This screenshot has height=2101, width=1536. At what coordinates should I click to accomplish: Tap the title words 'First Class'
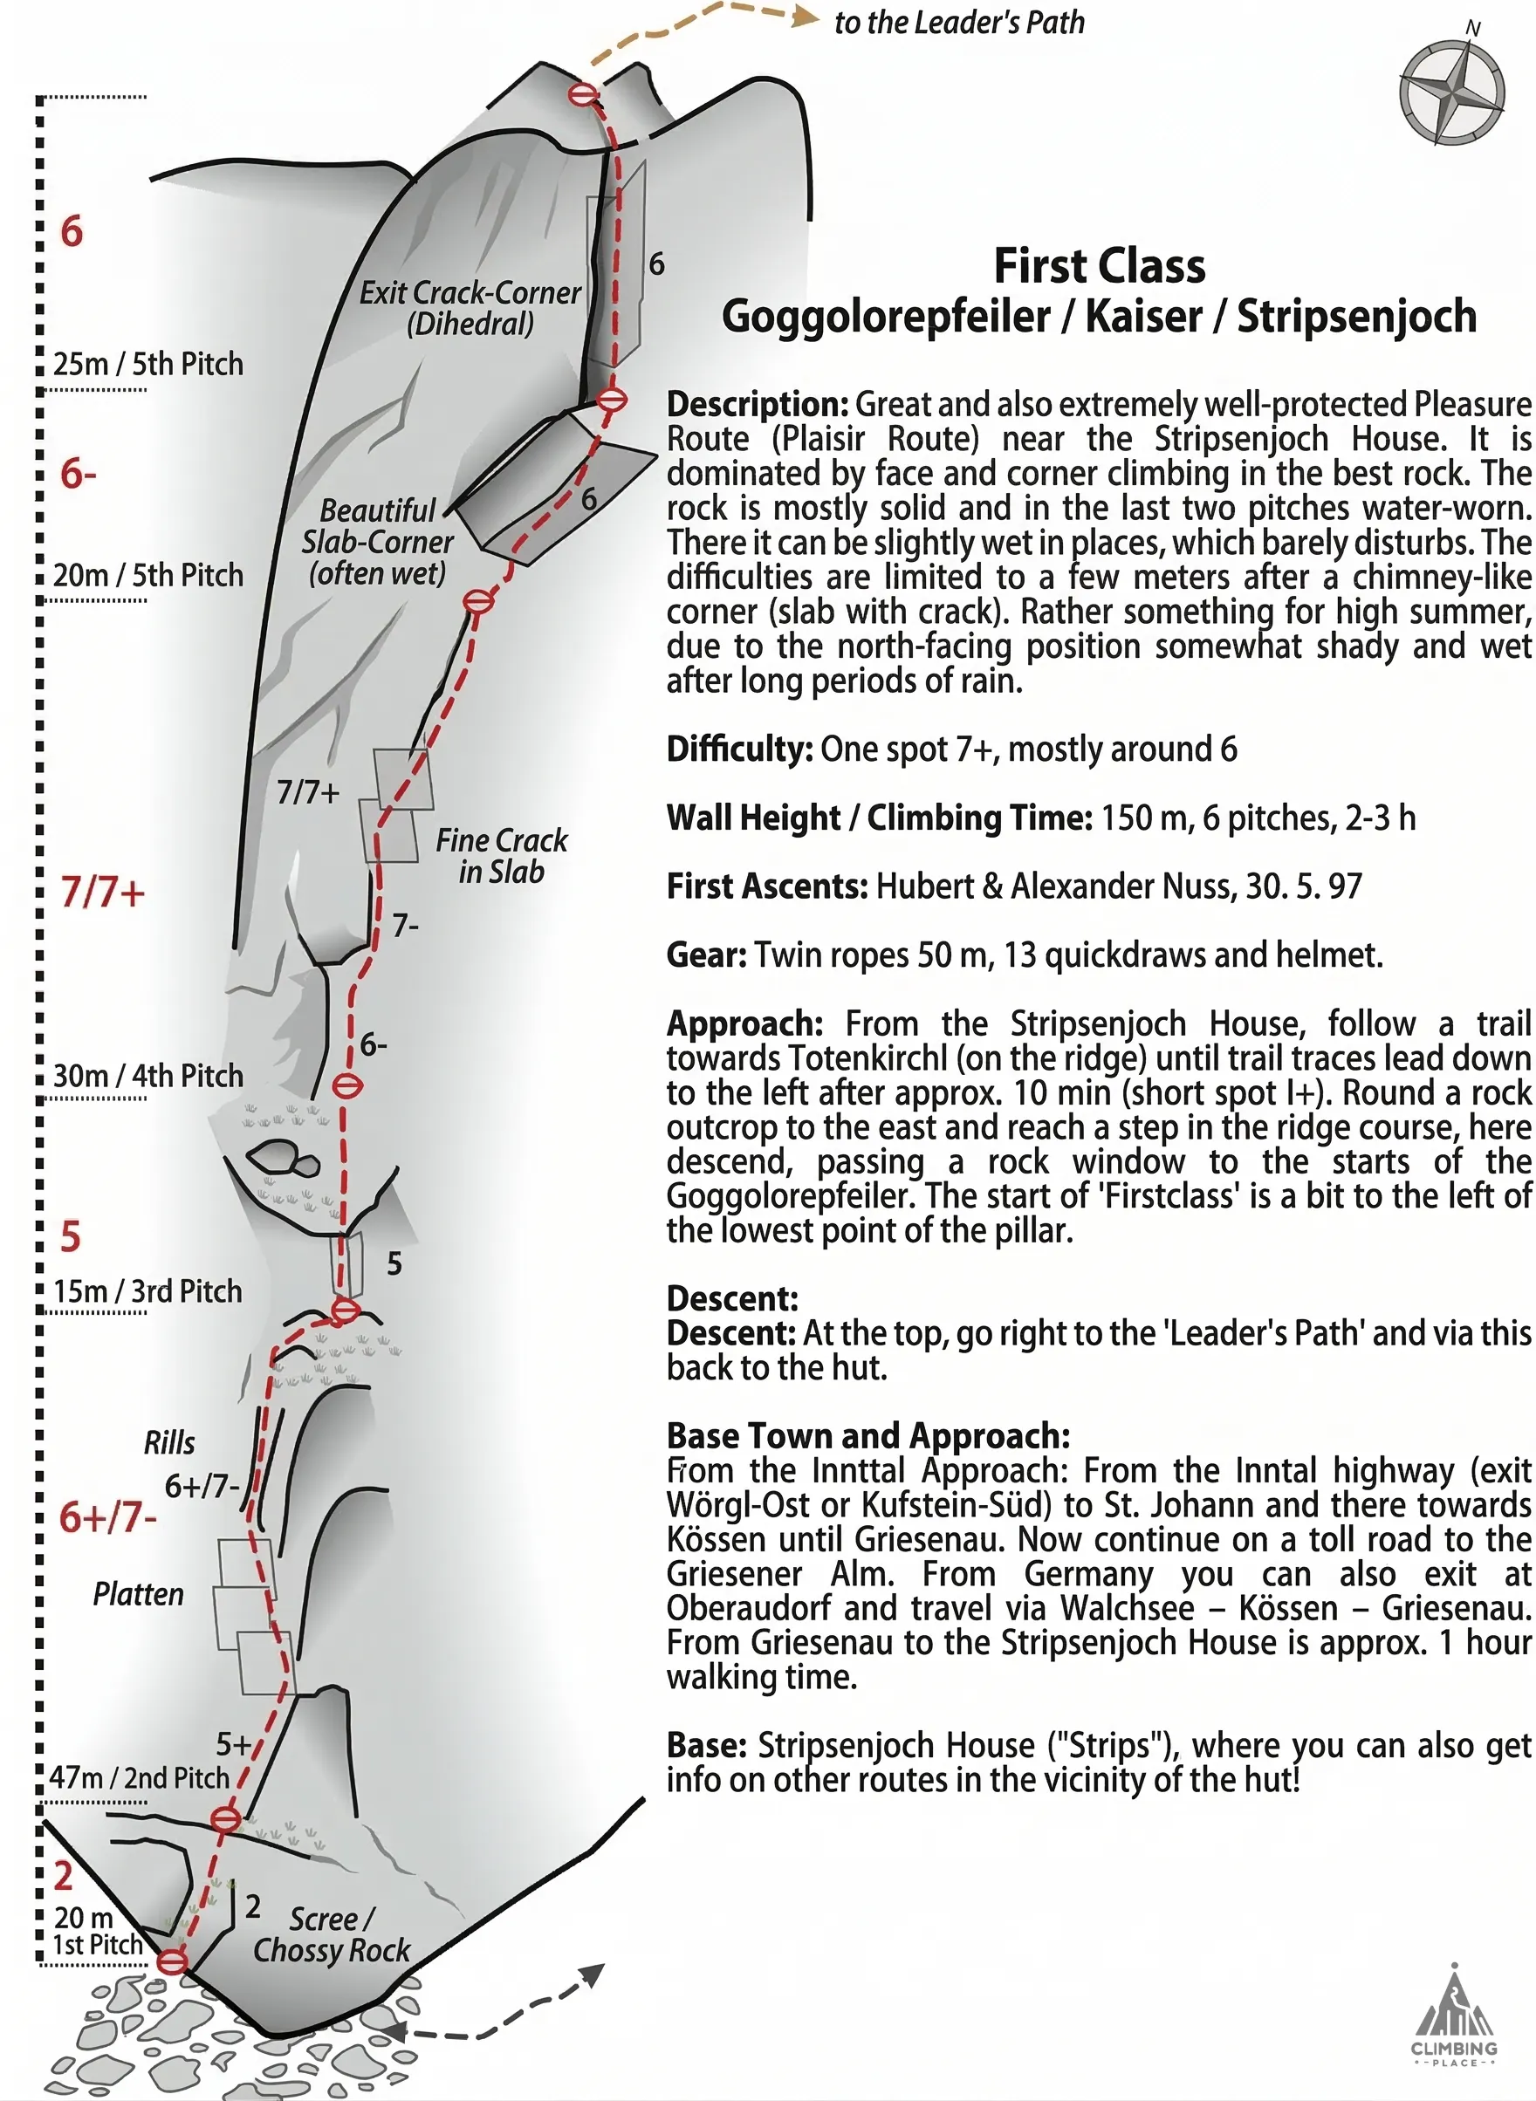click(1099, 267)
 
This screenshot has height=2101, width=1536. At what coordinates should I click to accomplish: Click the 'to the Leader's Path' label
click(958, 23)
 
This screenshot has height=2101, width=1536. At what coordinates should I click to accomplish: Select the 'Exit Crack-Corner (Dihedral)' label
click(470, 308)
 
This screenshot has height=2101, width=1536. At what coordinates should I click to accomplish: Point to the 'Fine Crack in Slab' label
click(501, 855)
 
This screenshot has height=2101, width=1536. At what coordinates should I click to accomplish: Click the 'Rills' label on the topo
click(169, 1443)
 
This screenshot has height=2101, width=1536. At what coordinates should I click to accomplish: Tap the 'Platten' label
click(139, 1594)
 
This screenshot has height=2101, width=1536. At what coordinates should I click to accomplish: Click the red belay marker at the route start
click(173, 1962)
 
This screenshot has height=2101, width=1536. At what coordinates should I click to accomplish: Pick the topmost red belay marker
click(583, 95)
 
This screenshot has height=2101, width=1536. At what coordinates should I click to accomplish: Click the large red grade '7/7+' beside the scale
click(103, 893)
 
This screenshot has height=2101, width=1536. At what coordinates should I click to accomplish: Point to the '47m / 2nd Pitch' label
click(140, 1777)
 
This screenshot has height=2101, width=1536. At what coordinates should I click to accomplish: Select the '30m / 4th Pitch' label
click(147, 1076)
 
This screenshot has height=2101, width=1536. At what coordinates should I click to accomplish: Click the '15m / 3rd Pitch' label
click(147, 1291)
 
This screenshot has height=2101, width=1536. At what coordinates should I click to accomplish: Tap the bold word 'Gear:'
click(707, 955)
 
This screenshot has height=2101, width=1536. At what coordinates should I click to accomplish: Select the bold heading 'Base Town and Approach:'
click(868, 1436)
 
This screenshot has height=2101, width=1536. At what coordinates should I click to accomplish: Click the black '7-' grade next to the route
click(406, 926)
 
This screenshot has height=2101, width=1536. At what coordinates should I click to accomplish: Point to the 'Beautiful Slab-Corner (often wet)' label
click(378, 542)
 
